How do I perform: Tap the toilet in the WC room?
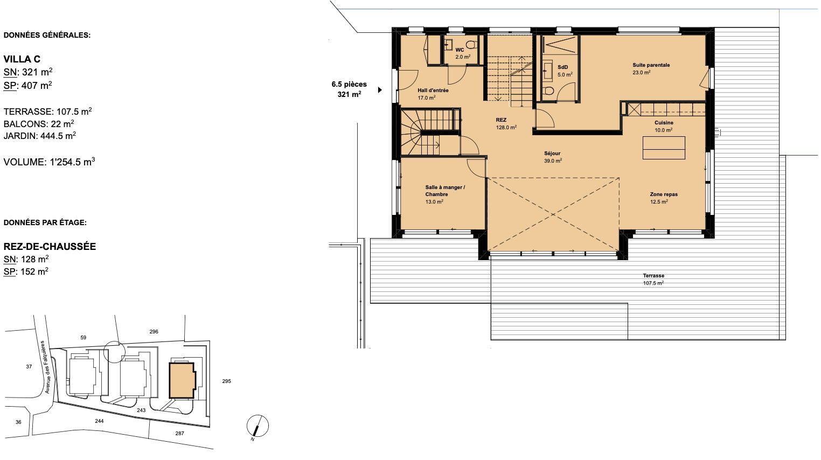[x=472, y=45]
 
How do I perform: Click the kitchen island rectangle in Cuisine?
[x=664, y=148]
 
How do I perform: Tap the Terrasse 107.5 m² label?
[x=653, y=280]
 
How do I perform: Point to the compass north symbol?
[x=258, y=427]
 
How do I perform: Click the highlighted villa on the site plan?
[x=182, y=380]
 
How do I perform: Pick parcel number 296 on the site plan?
[x=154, y=332]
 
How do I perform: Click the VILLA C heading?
[x=22, y=59]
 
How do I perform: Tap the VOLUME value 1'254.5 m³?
[x=72, y=162]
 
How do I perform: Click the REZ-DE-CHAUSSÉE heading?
[x=50, y=246]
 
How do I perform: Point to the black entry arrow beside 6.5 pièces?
[x=380, y=90]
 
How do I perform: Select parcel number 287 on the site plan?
[x=179, y=434]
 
